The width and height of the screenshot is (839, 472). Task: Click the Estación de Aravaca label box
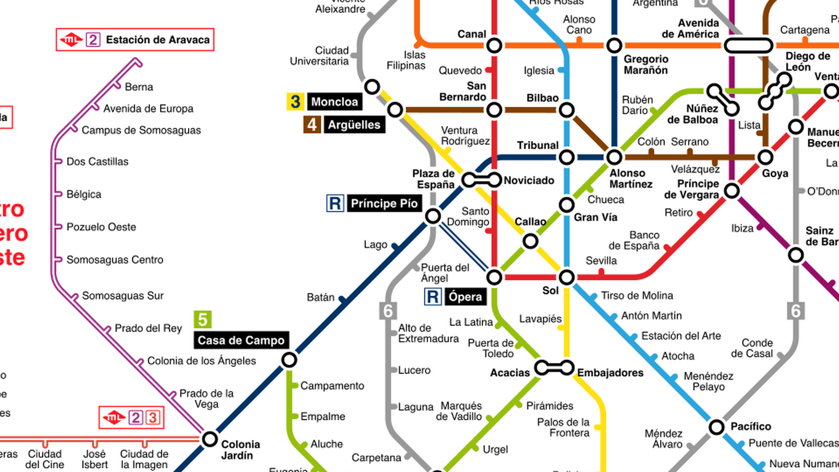[x=135, y=40]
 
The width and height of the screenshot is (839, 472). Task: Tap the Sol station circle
[x=566, y=277]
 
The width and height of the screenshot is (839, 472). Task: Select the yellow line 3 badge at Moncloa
[x=295, y=101]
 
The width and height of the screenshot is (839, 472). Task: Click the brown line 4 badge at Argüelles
[x=312, y=125]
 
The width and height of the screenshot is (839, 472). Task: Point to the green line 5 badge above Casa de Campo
[x=203, y=319]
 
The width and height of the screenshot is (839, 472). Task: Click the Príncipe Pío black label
[x=384, y=204]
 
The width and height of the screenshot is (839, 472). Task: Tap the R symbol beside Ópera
[x=433, y=297]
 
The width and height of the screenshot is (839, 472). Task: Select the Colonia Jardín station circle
[x=210, y=439]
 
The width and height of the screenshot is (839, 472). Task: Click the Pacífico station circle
[x=717, y=427]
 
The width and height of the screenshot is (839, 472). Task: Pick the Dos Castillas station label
[x=97, y=162]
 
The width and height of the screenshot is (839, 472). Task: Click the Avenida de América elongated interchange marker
[x=749, y=45]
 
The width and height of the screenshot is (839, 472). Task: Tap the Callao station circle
[x=530, y=241]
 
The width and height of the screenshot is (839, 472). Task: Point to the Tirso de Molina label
[x=637, y=296]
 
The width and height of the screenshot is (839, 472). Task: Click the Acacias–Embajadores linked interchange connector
[x=554, y=368]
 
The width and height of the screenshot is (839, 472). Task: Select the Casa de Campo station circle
[x=289, y=360]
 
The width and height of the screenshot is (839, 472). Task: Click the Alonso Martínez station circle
[x=614, y=157]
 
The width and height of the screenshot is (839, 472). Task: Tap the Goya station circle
[x=765, y=157]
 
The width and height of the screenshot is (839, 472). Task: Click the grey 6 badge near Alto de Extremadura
[x=388, y=311]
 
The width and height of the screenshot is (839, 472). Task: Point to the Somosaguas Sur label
[x=123, y=296]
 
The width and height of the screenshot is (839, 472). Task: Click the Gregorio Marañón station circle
[x=614, y=45]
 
